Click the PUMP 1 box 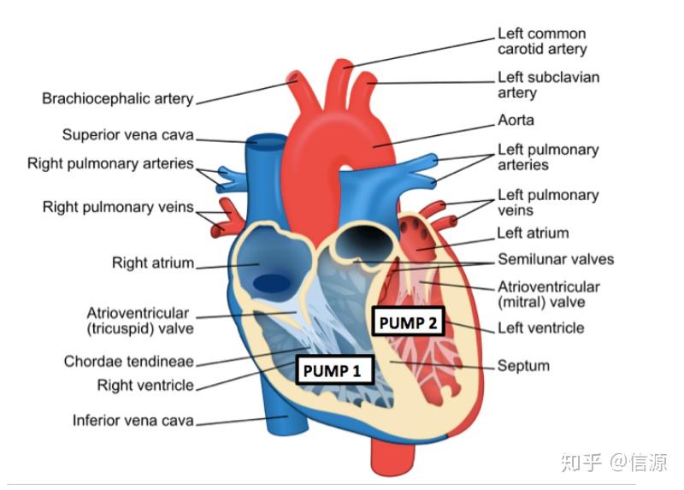click(334, 370)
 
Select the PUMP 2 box click(408, 322)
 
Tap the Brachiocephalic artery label click(117, 98)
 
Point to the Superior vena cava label click(127, 135)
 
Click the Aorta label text click(516, 120)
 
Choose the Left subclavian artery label click(548, 85)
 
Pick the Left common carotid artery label click(542, 41)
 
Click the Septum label click(523, 366)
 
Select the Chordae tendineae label click(129, 361)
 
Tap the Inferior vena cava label click(133, 420)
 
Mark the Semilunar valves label click(556, 260)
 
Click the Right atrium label click(153, 263)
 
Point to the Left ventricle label click(541, 328)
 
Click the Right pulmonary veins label click(118, 207)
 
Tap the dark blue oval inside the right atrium click(272, 284)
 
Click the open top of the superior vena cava click(265, 142)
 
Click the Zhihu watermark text click(614, 463)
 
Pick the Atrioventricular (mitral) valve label click(549, 294)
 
